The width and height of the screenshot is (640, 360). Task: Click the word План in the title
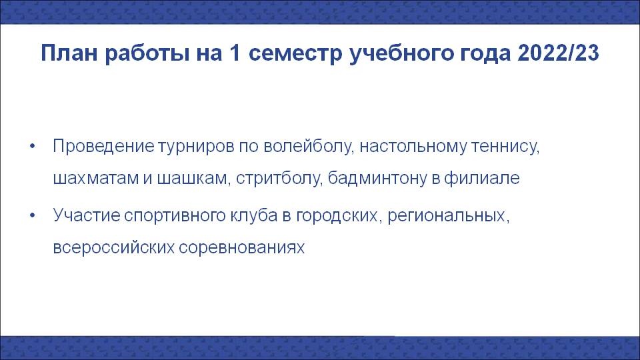(x=69, y=53)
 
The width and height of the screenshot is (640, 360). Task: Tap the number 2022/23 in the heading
(x=559, y=53)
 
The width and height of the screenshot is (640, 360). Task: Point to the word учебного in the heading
(x=401, y=54)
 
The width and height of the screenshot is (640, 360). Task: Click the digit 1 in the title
(x=235, y=53)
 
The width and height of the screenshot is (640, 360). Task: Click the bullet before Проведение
(x=33, y=146)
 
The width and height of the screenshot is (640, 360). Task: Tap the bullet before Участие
(x=33, y=215)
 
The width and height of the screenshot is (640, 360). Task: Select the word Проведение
(x=103, y=147)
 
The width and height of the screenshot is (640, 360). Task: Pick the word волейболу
(x=308, y=147)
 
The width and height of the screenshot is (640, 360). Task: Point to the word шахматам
(x=95, y=179)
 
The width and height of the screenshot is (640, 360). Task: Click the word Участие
(x=86, y=215)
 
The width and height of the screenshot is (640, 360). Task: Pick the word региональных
(x=449, y=216)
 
